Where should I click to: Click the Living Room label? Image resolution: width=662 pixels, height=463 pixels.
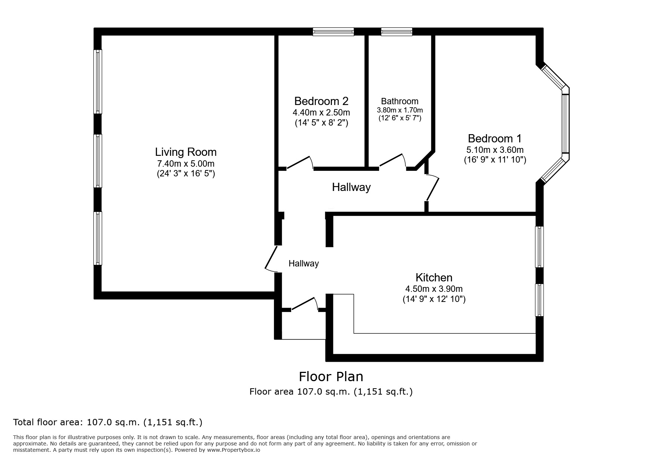coord(186,152)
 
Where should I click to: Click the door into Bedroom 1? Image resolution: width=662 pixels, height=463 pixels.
coord(432,188)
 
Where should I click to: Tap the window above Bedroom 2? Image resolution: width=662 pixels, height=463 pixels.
coord(333,32)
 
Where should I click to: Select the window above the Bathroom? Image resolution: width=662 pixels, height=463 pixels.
coord(397,32)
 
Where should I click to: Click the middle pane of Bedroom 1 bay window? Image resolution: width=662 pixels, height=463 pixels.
coord(565,124)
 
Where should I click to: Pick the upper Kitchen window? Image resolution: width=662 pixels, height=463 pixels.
coord(539,247)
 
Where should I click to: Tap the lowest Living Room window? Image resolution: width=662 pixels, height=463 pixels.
coord(98,238)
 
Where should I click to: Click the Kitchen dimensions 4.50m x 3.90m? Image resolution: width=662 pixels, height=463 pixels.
coord(434,289)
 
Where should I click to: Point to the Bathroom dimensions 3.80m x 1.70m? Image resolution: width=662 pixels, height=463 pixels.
coord(400,110)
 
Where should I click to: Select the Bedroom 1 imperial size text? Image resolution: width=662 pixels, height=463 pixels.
coord(495,160)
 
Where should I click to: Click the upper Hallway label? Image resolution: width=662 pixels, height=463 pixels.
coord(351,187)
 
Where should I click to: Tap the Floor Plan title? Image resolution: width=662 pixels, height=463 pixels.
coord(331,376)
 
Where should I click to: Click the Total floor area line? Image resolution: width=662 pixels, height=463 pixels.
coord(108,422)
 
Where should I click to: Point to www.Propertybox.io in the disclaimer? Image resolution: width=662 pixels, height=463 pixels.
coord(233,450)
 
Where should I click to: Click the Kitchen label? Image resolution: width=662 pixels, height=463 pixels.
coord(434,278)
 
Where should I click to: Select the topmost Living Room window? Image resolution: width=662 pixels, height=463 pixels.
coord(98,81)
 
